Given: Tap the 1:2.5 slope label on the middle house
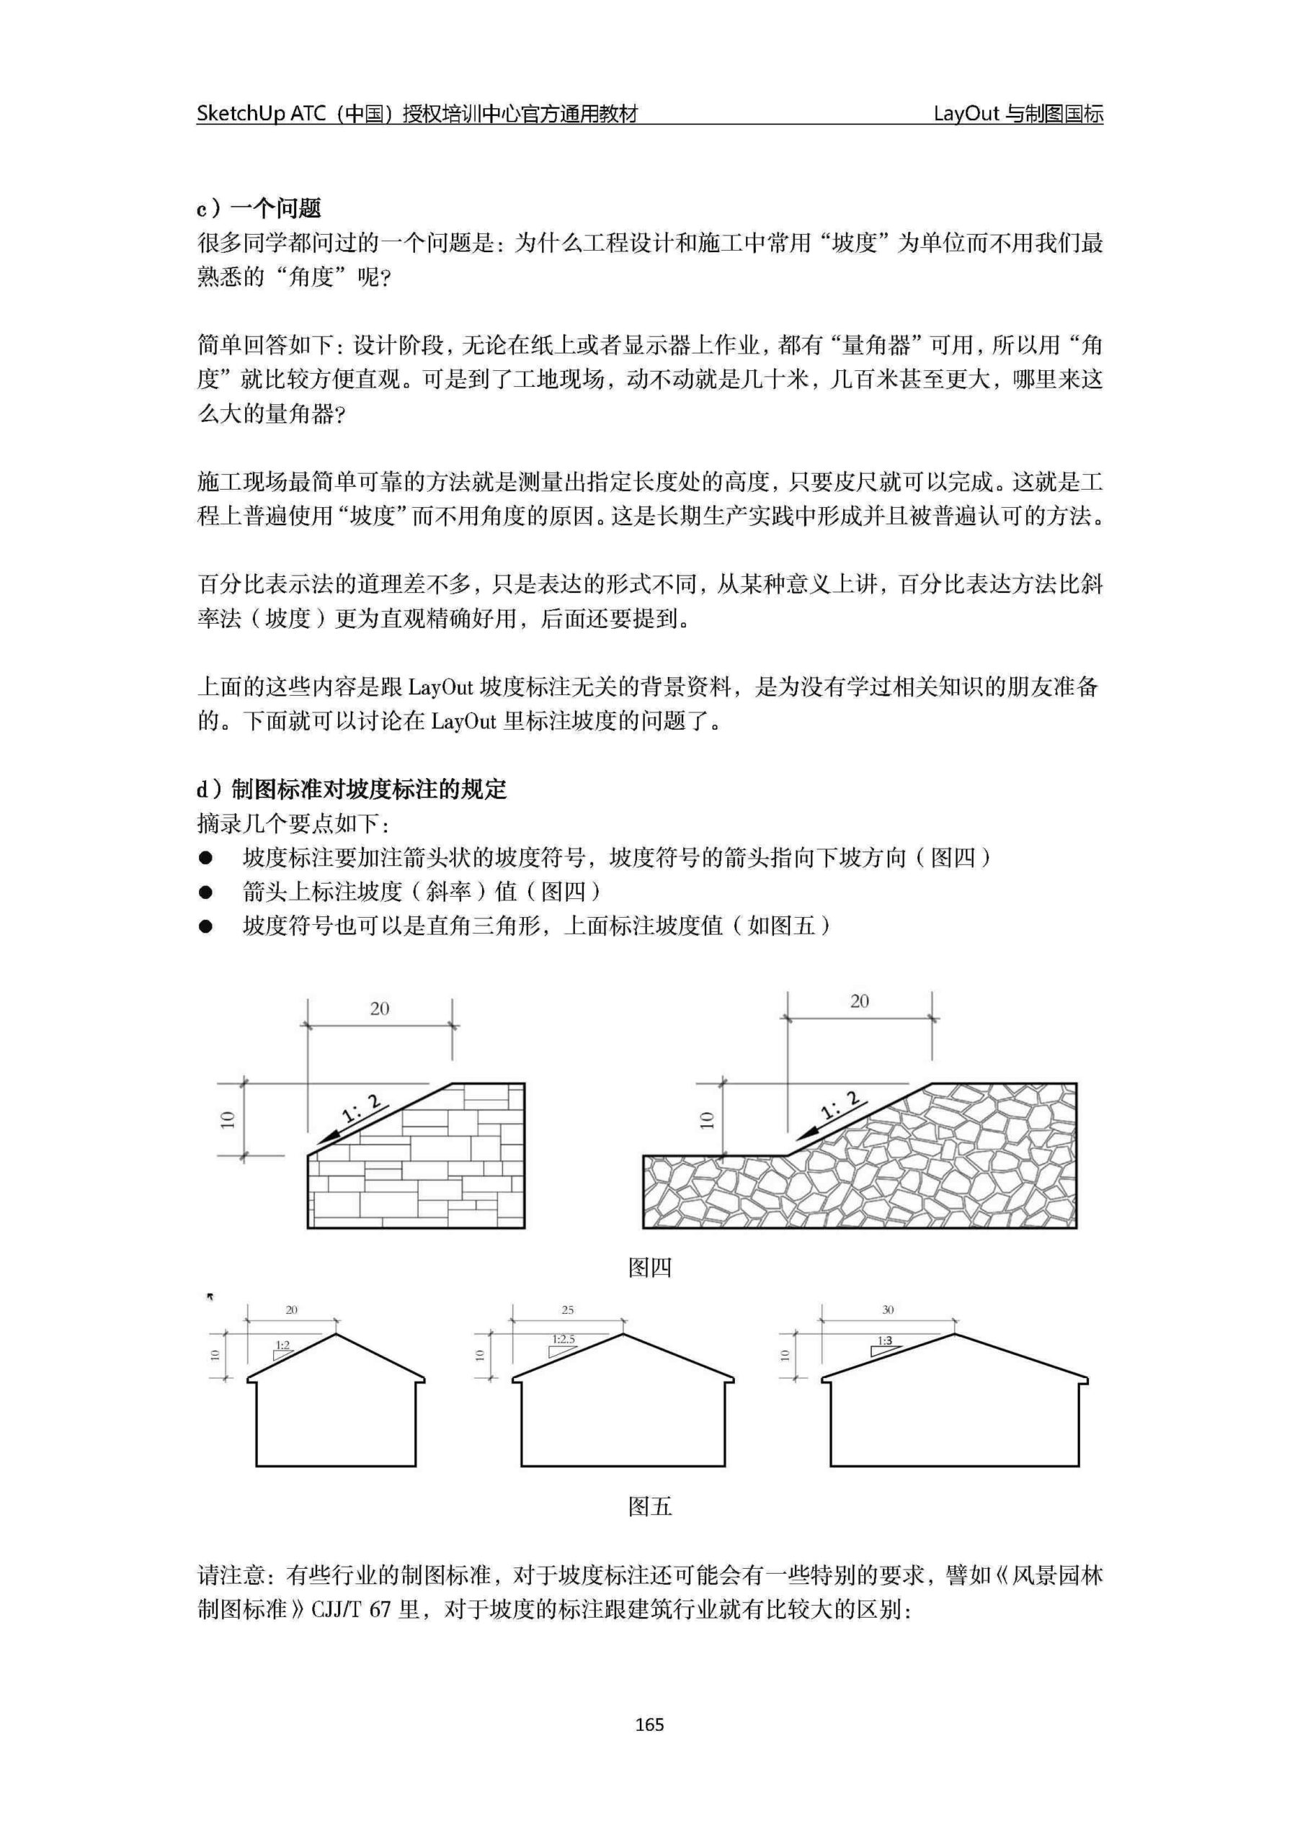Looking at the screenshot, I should click(x=564, y=1340).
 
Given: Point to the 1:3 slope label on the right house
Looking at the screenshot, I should click(x=885, y=1341).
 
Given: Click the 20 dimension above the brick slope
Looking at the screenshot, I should click(x=379, y=1008).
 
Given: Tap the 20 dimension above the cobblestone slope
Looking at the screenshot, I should click(x=860, y=1001).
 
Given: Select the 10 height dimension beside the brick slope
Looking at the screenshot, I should click(x=228, y=1119).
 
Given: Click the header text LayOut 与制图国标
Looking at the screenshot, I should click(x=1018, y=114).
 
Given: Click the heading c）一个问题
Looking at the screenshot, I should click(x=259, y=209).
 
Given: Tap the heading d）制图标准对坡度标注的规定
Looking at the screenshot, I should click(x=352, y=789).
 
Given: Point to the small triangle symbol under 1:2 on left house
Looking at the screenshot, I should click(x=282, y=1354).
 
